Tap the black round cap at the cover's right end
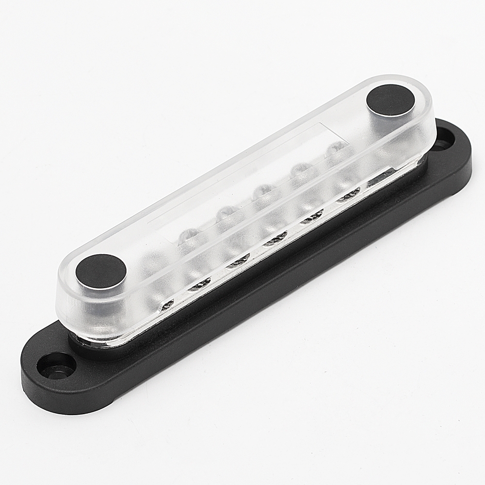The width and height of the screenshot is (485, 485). click(391, 100)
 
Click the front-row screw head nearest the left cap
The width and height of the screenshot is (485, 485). click(167, 305)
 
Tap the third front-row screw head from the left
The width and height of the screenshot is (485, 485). click(238, 262)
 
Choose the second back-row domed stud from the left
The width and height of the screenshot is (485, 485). click(225, 212)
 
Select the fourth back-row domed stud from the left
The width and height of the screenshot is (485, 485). click(301, 168)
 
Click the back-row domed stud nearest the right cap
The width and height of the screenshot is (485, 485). click(336, 147)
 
